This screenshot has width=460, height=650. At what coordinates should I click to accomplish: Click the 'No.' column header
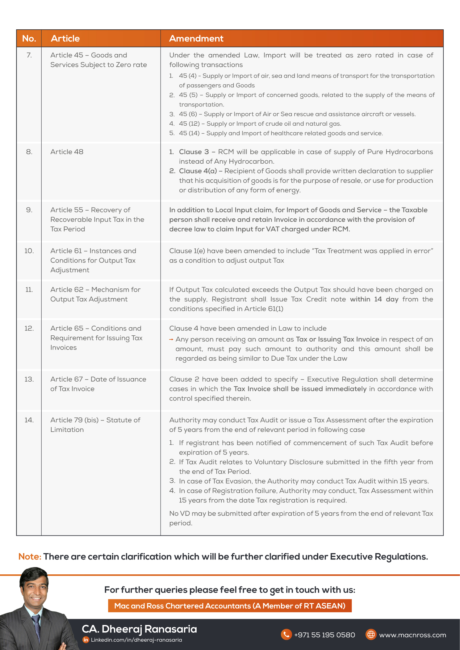coord(29,39)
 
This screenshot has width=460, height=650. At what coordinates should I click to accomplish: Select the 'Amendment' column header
coord(196,39)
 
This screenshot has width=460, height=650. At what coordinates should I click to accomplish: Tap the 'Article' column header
coord(65,39)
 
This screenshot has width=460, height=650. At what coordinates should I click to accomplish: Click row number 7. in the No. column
coord(29,55)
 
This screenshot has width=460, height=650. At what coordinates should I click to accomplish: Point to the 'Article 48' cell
coord(67,152)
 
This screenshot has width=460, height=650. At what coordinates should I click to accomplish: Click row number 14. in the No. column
coord(29,420)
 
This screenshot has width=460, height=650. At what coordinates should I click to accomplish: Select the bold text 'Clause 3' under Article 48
coord(194,152)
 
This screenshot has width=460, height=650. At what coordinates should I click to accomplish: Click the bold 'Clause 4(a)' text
coord(198,171)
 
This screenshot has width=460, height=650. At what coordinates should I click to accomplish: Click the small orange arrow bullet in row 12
coord(171,339)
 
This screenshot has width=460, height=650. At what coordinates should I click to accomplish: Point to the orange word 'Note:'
coord(30,556)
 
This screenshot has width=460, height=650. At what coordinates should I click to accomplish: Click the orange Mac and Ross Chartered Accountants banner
coord(230,606)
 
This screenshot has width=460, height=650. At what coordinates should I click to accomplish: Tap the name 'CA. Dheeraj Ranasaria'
coord(139,629)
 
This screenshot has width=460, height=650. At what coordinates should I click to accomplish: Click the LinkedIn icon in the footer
coord(86,640)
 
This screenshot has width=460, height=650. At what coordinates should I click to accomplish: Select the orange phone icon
coord(286,635)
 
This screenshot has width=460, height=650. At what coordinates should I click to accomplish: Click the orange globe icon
coord(371,635)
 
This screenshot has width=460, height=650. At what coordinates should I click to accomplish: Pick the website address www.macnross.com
coord(412,635)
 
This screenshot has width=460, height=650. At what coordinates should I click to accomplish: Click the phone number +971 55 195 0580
coord(324,635)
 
